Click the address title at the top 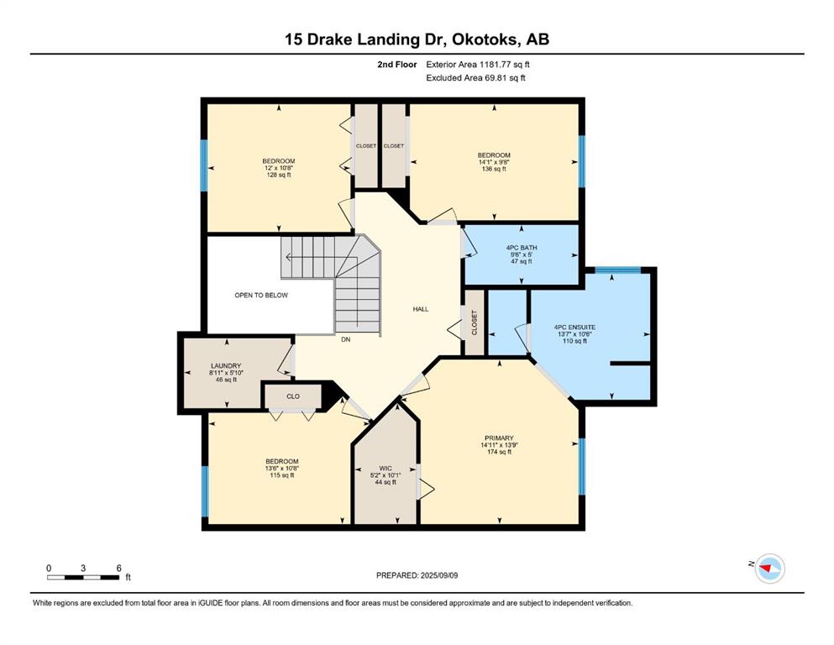click(417, 39)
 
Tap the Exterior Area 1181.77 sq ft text click(478, 65)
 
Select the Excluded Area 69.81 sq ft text click(475, 77)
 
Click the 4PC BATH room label click(522, 248)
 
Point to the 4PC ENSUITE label click(574, 328)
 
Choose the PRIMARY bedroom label click(499, 438)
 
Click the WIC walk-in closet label click(386, 469)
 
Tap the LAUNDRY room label click(226, 366)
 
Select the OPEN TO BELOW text click(261, 295)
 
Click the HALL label click(421, 309)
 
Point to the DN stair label click(346, 339)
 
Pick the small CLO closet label click(293, 396)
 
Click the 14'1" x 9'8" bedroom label click(494, 162)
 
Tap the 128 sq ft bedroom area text click(279, 175)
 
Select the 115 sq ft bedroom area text click(282, 475)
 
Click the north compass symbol click(769, 568)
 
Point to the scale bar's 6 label click(119, 568)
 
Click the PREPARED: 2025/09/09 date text click(417, 575)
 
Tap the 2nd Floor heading click(396, 65)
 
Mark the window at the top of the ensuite click(617, 270)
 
